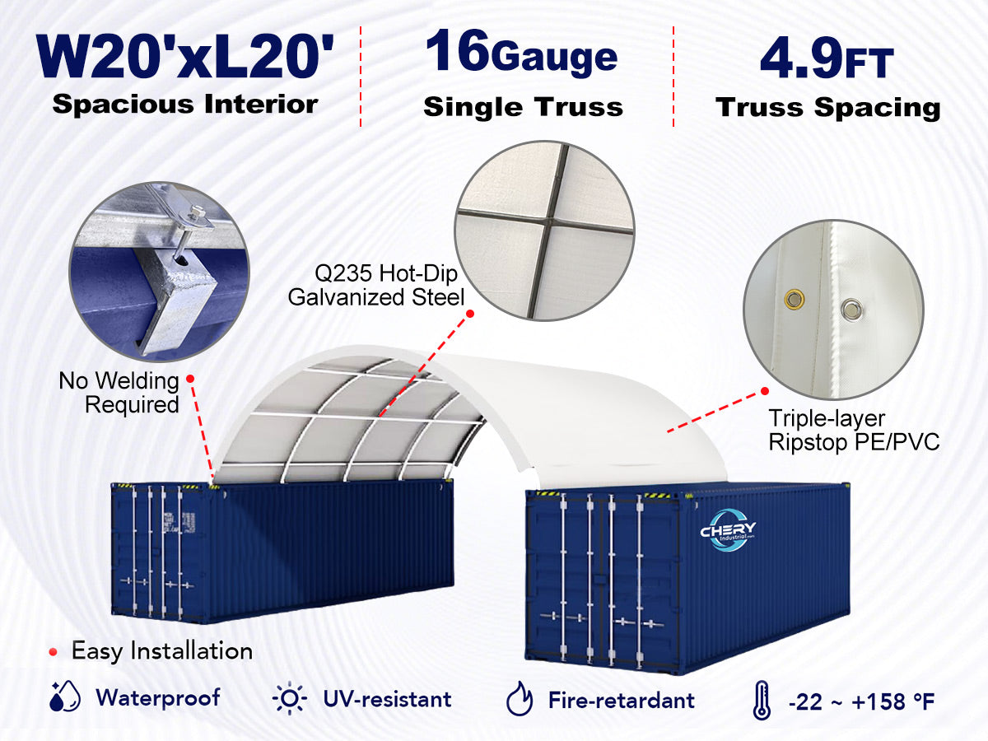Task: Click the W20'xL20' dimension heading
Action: coord(185,57)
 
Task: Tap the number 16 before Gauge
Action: coord(457,49)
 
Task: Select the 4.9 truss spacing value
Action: coord(800,58)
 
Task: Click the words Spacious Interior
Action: coord(185,105)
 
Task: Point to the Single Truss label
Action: coord(523,107)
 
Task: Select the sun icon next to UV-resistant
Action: coord(290,698)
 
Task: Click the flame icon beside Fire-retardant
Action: coord(520,698)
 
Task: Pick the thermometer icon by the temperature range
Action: coord(762,700)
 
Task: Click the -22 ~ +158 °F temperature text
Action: coord(861,701)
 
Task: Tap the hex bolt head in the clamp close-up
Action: coord(196,211)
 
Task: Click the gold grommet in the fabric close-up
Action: coord(795,298)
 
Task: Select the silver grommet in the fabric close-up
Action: coord(851,310)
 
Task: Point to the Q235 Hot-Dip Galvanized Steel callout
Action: coord(376,285)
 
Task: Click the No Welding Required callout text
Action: coord(119,393)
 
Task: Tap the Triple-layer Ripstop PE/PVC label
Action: coord(854,430)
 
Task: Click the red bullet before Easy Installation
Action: coord(54,652)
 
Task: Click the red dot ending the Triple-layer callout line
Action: coord(765,391)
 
